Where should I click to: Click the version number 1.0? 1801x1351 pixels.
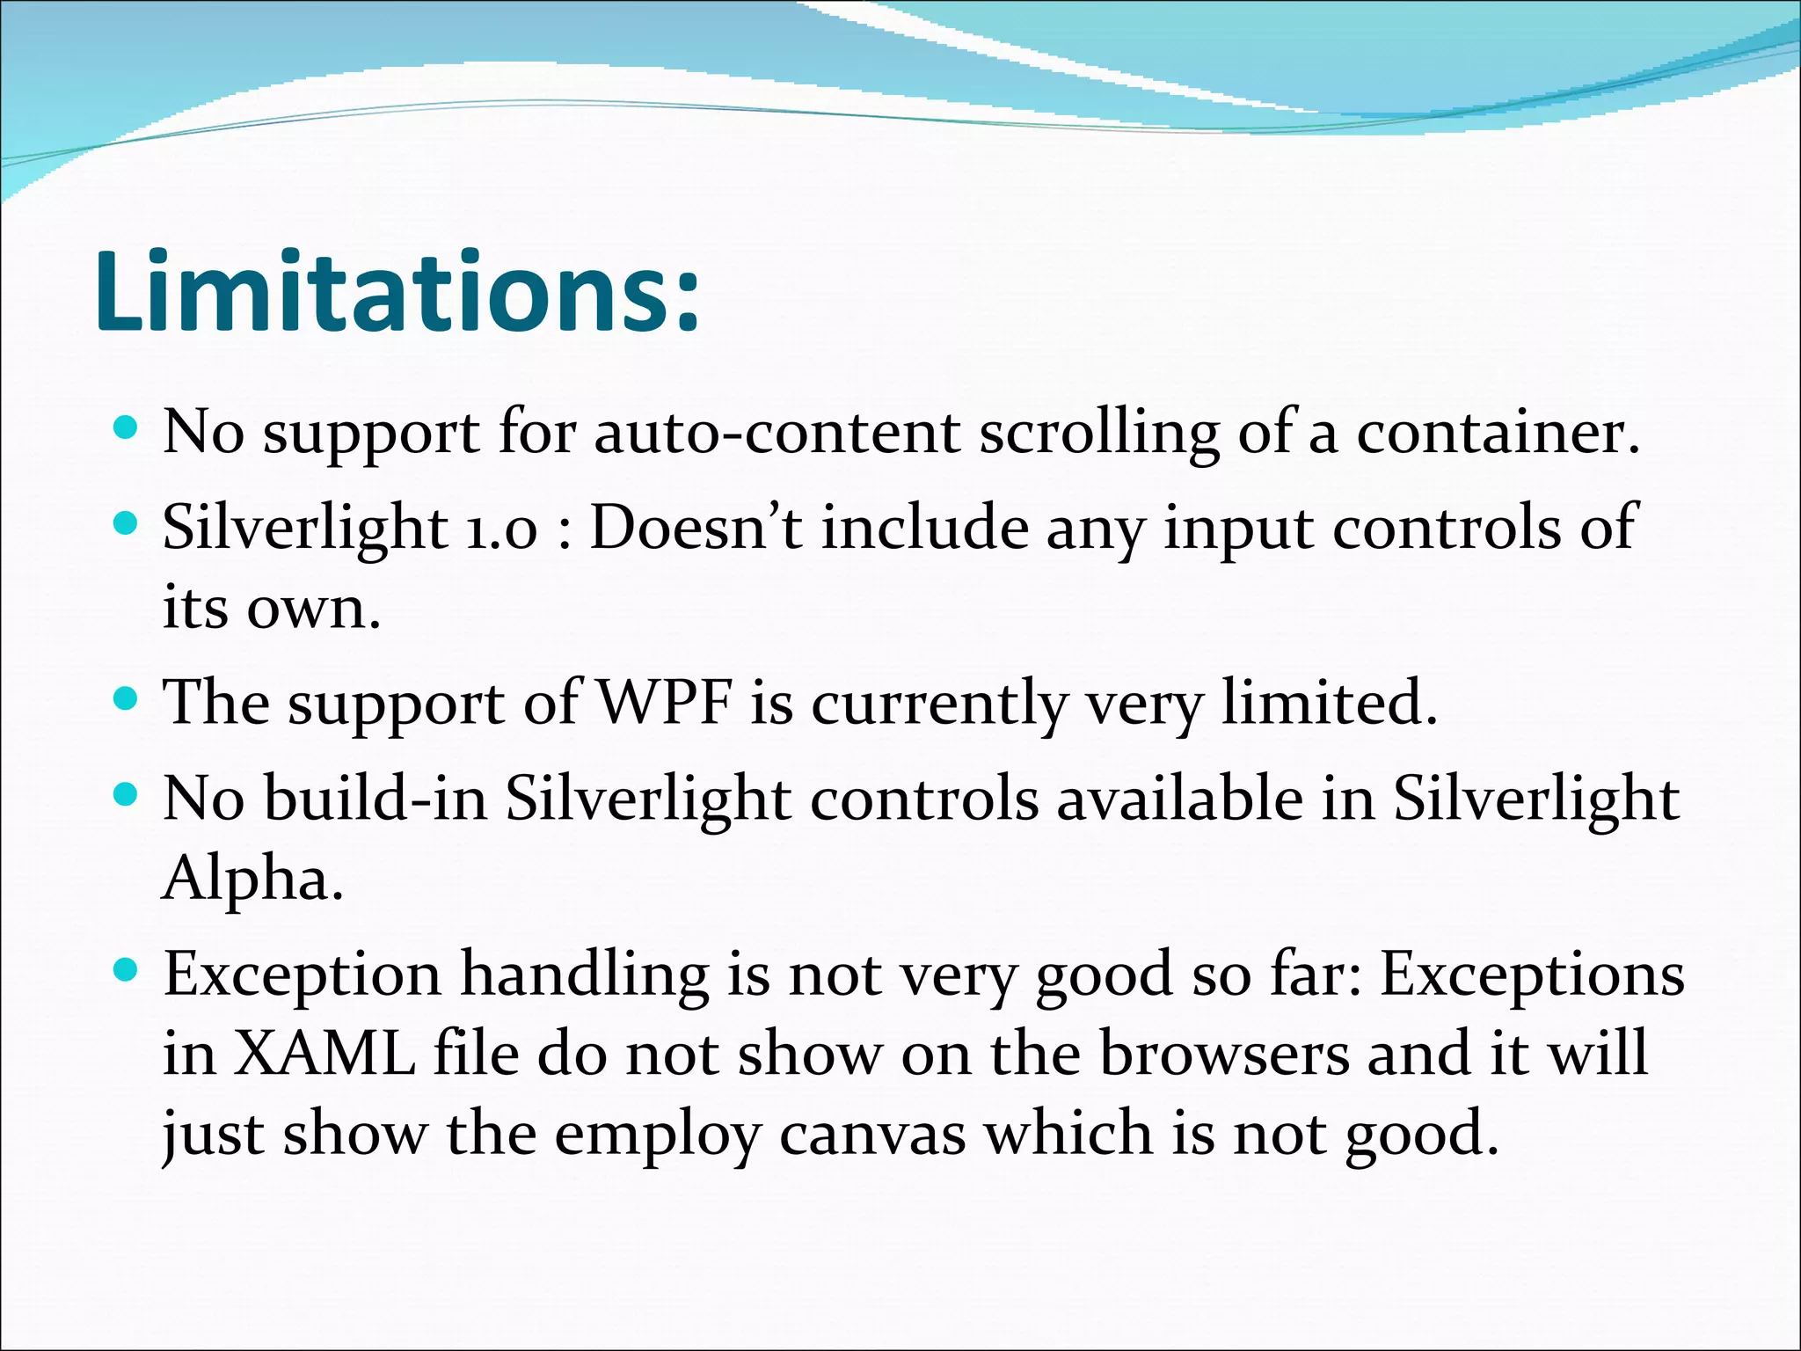tap(500, 529)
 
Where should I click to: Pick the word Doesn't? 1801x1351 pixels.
tap(695, 528)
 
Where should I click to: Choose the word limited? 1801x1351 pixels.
tap(1329, 704)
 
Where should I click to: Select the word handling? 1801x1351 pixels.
tap(585, 975)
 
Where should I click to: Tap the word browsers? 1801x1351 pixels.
tap(1223, 1054)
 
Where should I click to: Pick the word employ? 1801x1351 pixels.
tap(657, 1135)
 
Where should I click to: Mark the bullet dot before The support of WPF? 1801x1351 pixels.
tap(127, 699)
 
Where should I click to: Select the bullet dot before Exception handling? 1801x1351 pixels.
tap(127, 970)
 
